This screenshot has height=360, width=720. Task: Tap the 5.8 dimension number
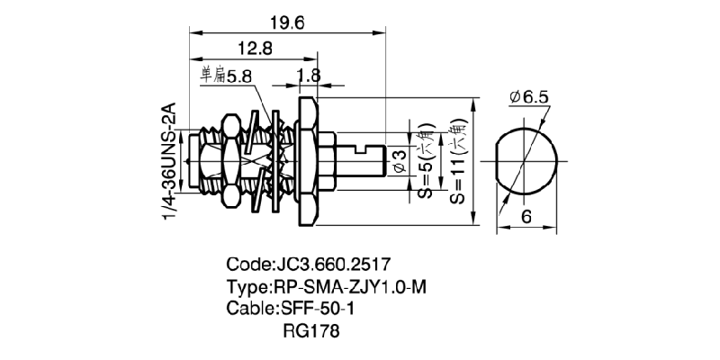(239, 77)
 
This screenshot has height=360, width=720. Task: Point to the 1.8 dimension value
(308, 74)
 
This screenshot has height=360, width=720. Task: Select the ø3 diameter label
(400, 161)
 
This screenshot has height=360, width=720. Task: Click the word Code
(246, 265)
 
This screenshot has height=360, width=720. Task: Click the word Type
(247, 287)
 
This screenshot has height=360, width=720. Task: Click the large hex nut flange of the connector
(307, 162)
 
